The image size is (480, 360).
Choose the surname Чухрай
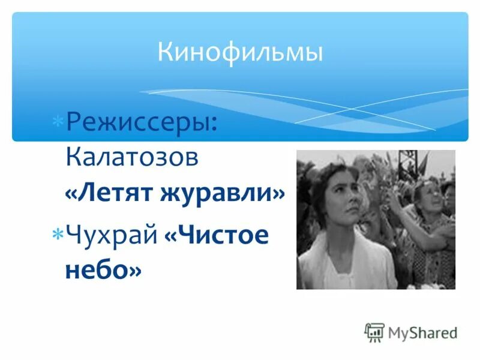(111, 235)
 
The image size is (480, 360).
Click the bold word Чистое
(216, 235)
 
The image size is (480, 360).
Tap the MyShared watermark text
(422, 333)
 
